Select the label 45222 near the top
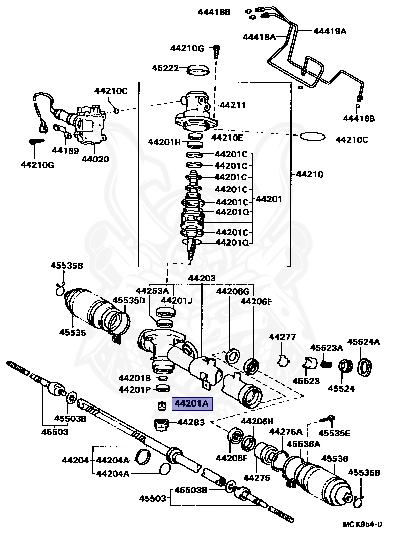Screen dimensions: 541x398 pyautogui.click(x=166, y=68)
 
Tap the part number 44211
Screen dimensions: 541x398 pyautogui.click(x=233, y=105)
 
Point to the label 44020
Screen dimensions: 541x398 pyautogui.click(x=95, y=159)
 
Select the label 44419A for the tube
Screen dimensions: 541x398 pyautogui.click(x=330, y=31)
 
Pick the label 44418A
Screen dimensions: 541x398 pyautogui.click(x=259, y=36)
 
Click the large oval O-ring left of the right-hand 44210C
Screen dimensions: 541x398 pyautogui.click(x=314, y=137)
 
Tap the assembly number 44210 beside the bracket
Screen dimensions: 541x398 pyautogui.click(x=310, y=175)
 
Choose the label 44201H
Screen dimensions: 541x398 pyautogui.click(x=164, y=142)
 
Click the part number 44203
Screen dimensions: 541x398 pyautogui.click(x=202, y=278)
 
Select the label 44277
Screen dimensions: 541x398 pyautogui.click(x=282, y=337)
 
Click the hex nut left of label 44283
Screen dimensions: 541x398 pyautogui.click(x=161, y=424)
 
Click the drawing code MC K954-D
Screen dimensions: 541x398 pyautogui.click(x=363, y=524)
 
